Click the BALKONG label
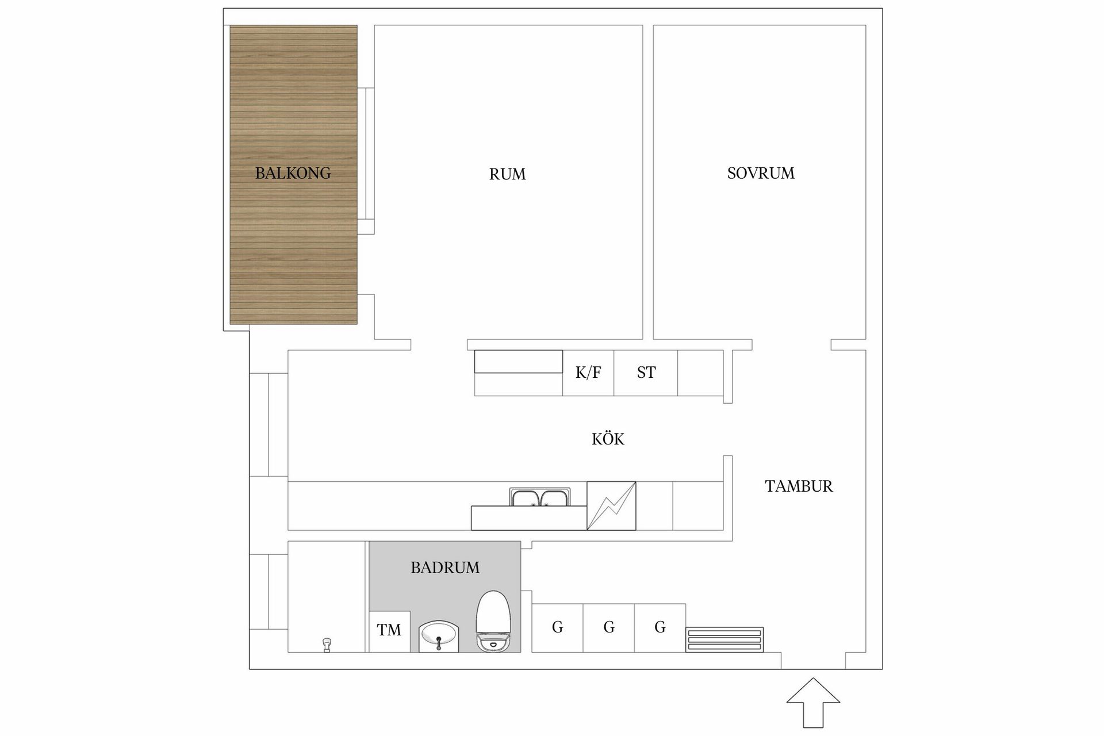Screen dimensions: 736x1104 pos(293,173)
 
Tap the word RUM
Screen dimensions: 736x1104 pos(507,174)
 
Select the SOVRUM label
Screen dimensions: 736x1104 pos(760,173)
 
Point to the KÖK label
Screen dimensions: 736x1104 pos(608,439)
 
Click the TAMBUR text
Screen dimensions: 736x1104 pos(799,486)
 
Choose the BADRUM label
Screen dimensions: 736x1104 pos(444,568)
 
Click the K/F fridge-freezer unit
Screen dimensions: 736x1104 pos(588,373)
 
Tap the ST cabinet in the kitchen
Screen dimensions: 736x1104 pos(646,373)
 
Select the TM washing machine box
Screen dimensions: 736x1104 pos(389,631)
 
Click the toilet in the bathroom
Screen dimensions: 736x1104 pos(493,622)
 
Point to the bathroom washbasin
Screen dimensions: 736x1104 pos(439,636)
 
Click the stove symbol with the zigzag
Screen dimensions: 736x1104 pos(611,505)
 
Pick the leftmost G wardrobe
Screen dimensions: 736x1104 pos(557,627)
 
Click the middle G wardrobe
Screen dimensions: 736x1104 pos(609,627)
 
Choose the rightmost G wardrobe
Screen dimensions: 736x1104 pos(660,627)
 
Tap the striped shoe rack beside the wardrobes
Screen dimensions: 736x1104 pos(724,639)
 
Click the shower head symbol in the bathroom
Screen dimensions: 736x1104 pos(327,644)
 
